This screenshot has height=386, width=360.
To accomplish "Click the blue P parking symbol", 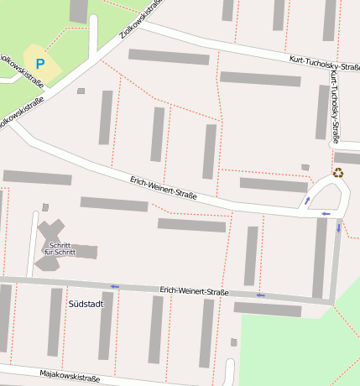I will click(39, 63).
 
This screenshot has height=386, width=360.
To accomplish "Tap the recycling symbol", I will click(338, 173).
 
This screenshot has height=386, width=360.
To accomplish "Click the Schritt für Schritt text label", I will click(60, 249).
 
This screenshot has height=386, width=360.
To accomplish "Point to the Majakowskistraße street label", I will click(69, 375).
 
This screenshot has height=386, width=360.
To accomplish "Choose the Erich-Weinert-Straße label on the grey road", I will click(194, 291).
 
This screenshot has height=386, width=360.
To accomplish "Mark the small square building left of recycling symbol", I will click(305, 167).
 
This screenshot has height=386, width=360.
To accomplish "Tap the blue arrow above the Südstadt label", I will click(114, 286).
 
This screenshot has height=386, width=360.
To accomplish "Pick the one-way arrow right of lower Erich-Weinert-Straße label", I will click(261, 295).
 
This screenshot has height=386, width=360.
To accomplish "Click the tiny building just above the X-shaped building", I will click(45, 207).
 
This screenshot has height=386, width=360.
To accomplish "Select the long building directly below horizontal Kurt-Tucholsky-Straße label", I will click(260, 79).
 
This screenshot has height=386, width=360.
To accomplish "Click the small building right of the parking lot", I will click(81, 91).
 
